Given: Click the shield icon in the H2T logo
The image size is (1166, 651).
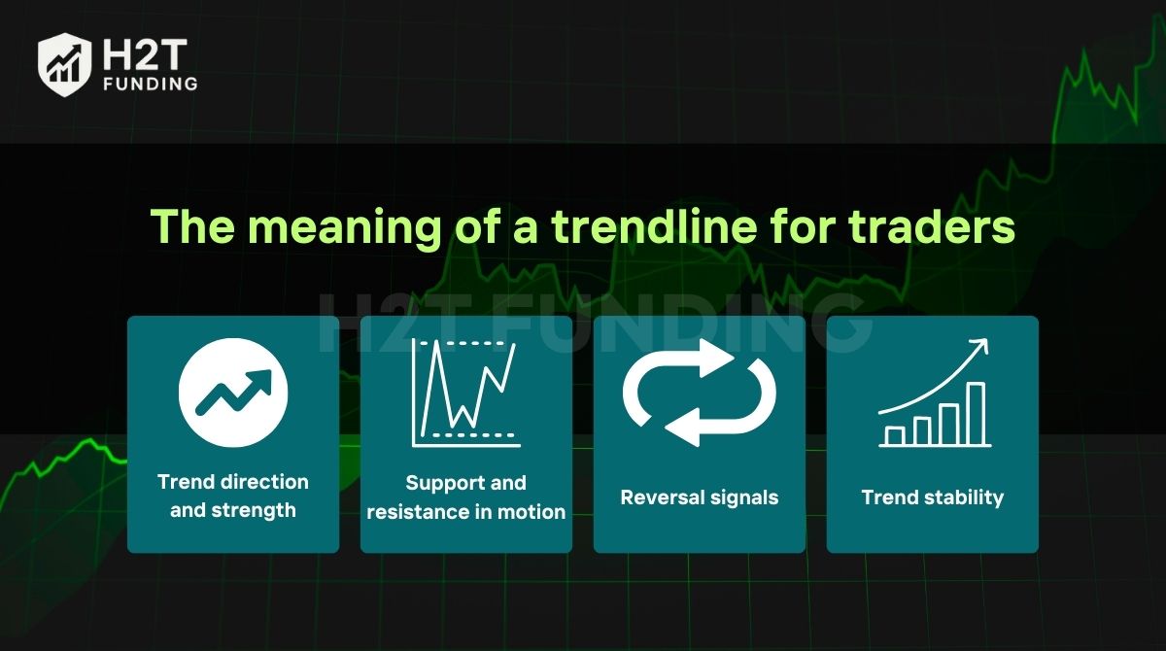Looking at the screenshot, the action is coord(64,64).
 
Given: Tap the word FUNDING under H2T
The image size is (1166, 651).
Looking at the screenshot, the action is coord(151,84).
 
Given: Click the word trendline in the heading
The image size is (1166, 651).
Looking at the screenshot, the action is coord(654,227).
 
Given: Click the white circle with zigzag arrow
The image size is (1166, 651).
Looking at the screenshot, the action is coord(233,393).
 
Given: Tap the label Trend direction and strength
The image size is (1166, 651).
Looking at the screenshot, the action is coord(233,496).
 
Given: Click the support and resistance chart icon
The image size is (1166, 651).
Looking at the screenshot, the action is coord(465,393).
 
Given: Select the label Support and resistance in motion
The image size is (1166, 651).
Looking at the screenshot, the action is coord(465,497).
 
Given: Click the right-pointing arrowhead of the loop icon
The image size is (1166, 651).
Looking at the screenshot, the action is coord(716,358).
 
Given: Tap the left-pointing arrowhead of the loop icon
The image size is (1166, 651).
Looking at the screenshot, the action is coord(682,428).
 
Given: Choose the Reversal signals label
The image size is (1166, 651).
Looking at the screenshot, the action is coord(699,497).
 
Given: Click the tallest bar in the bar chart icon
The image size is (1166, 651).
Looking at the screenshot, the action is coord(976,414).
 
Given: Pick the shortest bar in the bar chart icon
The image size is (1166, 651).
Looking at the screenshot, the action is coord(894,436).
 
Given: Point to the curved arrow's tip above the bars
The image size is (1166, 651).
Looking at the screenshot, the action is coord(986,340).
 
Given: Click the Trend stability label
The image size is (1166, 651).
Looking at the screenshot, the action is coord(932,497).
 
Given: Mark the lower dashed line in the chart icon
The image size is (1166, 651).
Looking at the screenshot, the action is coord(473,434).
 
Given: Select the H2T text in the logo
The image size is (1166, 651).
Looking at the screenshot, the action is coord(145,54).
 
